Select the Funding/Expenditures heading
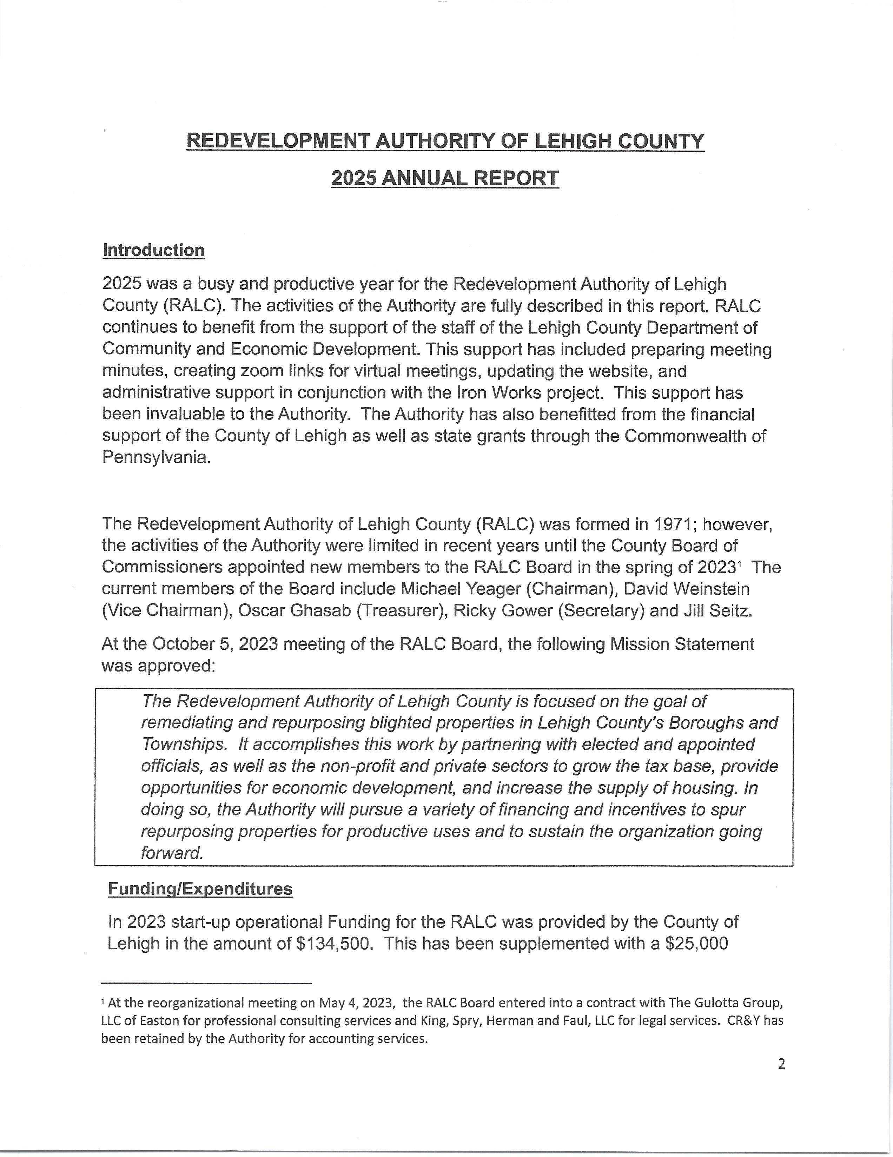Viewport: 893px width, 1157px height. [200, 888]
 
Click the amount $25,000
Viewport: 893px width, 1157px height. [696, 944]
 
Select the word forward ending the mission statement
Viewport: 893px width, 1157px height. [173, 853]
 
